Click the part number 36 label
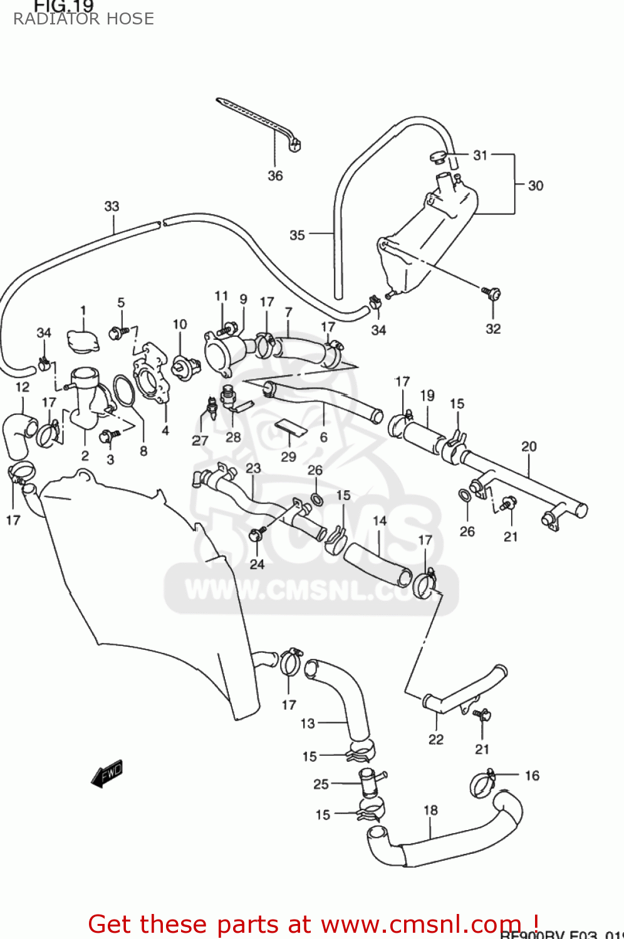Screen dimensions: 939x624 tap(275, 176)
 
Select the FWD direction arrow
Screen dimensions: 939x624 tap(107, 773)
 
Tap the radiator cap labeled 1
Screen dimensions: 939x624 tap(83, 341)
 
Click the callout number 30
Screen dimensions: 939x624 tap(535, 185)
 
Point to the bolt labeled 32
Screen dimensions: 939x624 tap(492, 292)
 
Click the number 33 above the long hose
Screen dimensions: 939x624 tap(112, 206)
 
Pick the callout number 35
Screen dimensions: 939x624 tap(297, 235)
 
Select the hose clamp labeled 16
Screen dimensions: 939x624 tap(482, 784)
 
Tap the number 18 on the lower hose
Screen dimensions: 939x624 tap(430, 810)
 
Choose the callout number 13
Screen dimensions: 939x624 tap(308, 724)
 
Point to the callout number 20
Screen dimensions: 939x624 tap(529, 446)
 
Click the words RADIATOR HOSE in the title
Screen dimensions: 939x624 tap(83, 19)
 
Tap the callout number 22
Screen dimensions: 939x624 tap(436, 739)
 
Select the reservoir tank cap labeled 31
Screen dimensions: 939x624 tap(439, 156)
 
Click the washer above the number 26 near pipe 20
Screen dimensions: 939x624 tap(464, 495)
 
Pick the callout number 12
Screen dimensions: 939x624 tap(23, 387)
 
